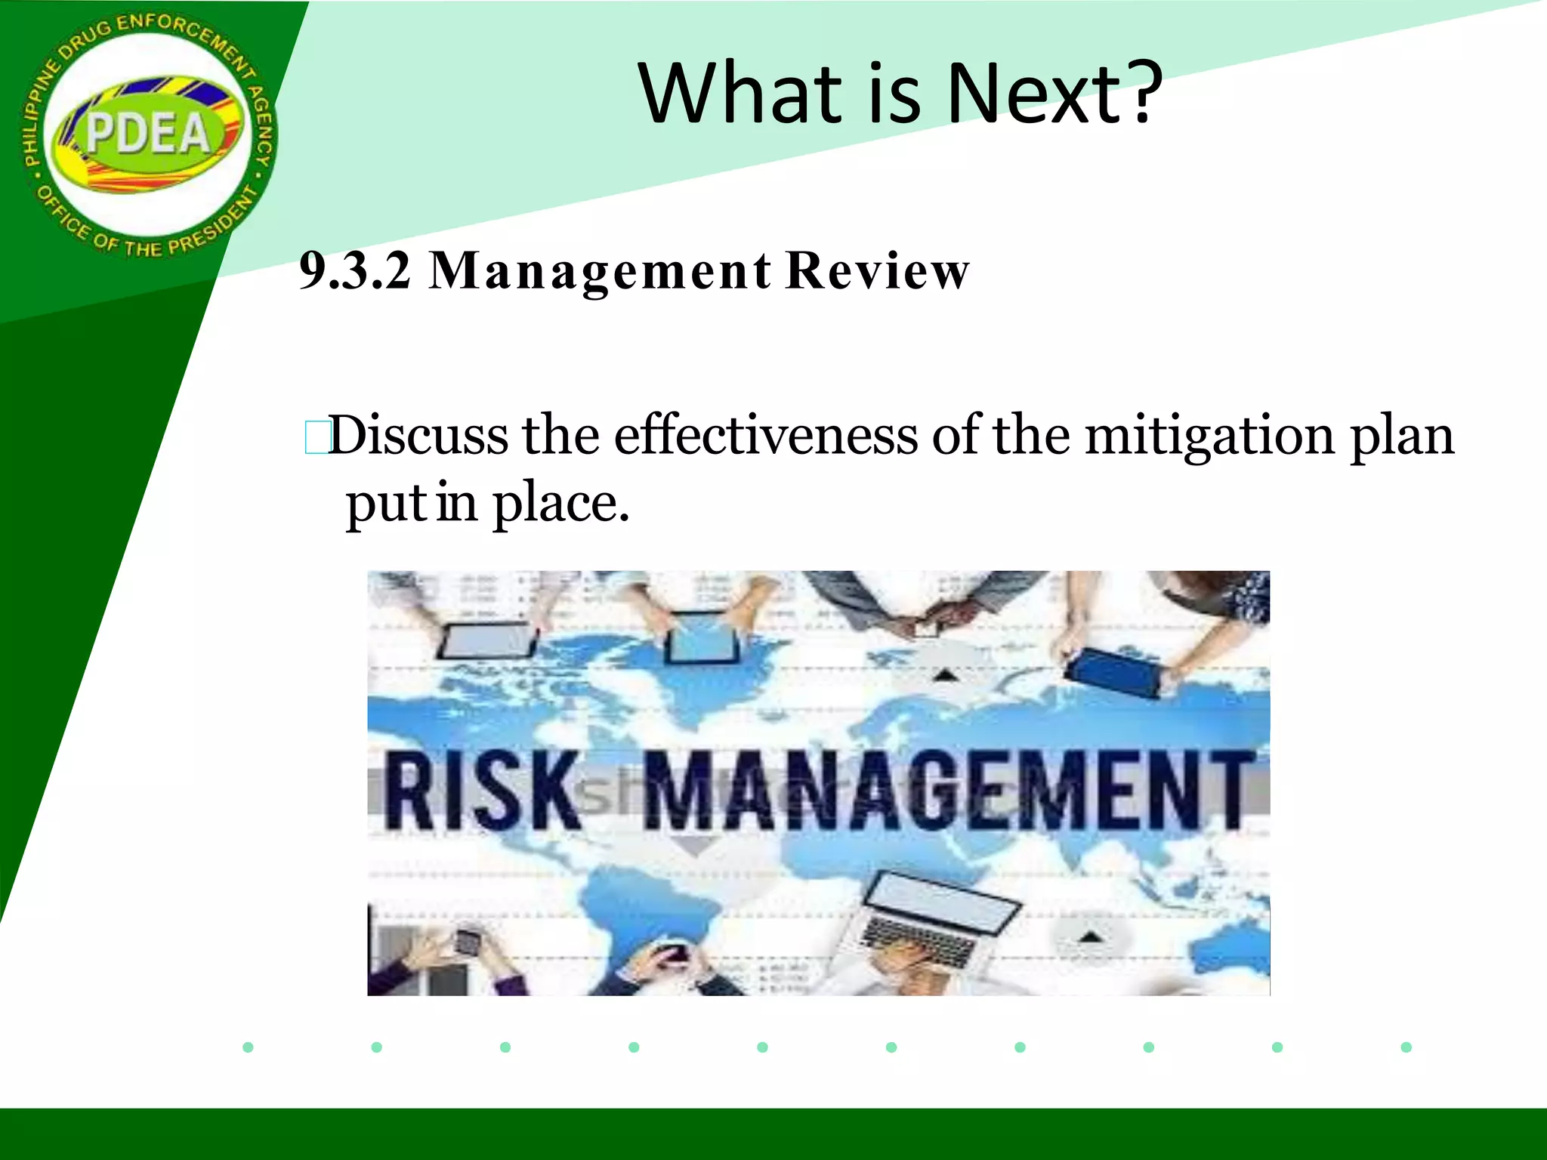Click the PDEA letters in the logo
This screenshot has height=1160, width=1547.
point(148,134)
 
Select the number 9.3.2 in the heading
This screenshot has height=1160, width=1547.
point(355,270)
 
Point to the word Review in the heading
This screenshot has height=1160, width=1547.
point(877,270)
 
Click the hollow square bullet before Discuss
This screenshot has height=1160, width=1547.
point(315,437)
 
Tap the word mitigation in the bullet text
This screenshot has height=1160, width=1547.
point(1209,436)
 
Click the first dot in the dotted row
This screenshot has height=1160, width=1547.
point(248,1047)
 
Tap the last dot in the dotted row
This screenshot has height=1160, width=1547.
point(1406,1047)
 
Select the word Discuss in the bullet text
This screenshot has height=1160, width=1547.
point(419,436)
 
